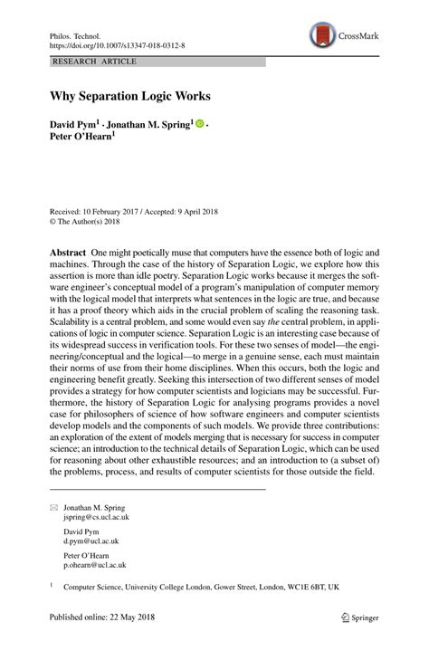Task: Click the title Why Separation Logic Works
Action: (x=124, y=94)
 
